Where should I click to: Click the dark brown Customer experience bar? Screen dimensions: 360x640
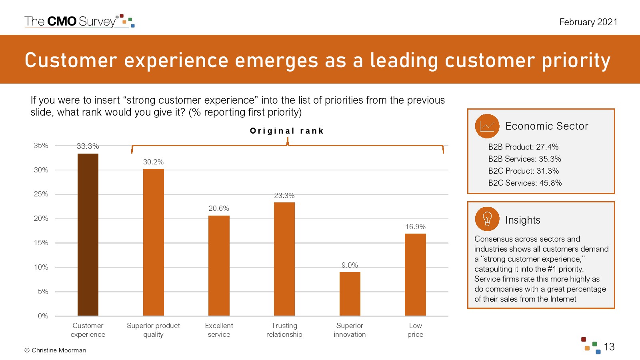click(88, 234)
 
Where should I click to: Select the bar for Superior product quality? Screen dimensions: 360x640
click(153, 242)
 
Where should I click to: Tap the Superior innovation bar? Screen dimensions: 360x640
click(350, 294)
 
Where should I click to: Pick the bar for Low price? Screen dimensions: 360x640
click(415, 274)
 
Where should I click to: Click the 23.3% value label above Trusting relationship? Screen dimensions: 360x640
click(284, 196)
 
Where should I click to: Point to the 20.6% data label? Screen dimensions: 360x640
click(219, 208)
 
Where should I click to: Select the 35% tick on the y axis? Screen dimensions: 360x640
click(41, 146)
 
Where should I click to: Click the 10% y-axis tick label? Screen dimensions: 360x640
click(41, 267)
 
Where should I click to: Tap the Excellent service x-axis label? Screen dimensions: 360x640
click(219, 330)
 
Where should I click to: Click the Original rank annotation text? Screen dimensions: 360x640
click(286, 131)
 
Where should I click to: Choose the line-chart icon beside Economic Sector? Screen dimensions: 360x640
click(487, 126)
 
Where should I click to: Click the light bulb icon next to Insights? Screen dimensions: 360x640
click(487, 219)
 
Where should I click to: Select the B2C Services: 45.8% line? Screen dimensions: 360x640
click(525, 183)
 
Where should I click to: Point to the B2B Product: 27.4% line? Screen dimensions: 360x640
click(523, 147)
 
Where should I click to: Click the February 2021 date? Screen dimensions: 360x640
click(588, 22)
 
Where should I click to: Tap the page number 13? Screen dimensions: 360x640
click(609, 347)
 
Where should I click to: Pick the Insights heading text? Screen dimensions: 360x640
click(522, 220)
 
